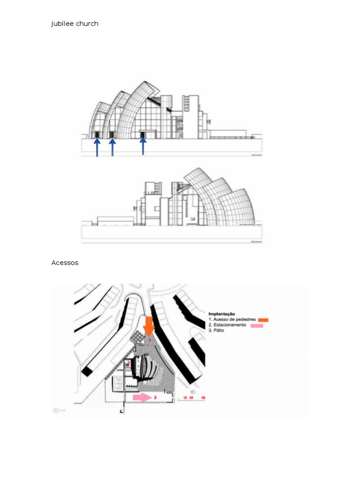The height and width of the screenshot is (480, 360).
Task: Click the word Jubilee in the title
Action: click(61, 24)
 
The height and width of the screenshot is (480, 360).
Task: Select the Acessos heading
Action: click(65, 263)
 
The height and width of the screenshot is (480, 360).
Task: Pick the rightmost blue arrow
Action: click(143, 146)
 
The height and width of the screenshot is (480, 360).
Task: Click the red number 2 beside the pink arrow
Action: click(155, 397)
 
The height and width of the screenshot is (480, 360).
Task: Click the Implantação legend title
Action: click(222, 314)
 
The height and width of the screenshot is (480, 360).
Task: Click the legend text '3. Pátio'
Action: click(217, 330)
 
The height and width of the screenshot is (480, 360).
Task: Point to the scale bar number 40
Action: click(202, 398)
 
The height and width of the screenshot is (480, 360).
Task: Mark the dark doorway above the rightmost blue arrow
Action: click(143, 135)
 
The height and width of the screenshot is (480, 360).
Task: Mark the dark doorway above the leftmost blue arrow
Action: click(97, 135)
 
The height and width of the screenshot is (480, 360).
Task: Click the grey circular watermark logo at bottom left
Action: click(56, 410)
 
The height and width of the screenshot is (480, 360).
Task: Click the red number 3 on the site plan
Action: click(128, 364)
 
